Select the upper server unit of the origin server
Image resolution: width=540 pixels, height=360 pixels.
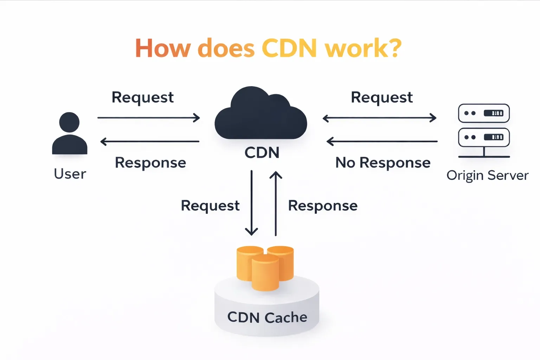[x=484, y=113]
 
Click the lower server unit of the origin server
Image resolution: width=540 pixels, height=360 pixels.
[x=484, y=137]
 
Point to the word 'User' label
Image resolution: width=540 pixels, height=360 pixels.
[x=70, y=174]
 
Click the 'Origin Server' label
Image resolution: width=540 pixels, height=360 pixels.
[x=487, y=175]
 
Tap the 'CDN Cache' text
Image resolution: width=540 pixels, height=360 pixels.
[x=267, y=317]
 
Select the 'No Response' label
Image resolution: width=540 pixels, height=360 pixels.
[x=383, y=162]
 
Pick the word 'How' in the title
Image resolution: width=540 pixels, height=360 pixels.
[x=163, y=48]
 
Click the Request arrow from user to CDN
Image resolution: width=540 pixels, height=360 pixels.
[x=149, y=117]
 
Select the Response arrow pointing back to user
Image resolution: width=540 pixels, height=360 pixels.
[x=150, y=141]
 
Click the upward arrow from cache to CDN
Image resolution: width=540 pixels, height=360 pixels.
[x=276, y=203]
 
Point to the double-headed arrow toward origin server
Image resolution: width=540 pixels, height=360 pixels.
[x=380, y=118]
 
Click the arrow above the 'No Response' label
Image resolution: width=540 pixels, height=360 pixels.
[x=382, y=141]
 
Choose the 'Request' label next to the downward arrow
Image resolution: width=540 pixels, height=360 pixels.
[x=210, y=206]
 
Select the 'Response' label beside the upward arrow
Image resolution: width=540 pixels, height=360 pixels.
[x=323, y=206]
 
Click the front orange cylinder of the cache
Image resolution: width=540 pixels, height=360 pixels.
[x=265, y=273]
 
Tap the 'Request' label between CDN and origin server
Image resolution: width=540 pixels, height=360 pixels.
[x=382, y=97]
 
